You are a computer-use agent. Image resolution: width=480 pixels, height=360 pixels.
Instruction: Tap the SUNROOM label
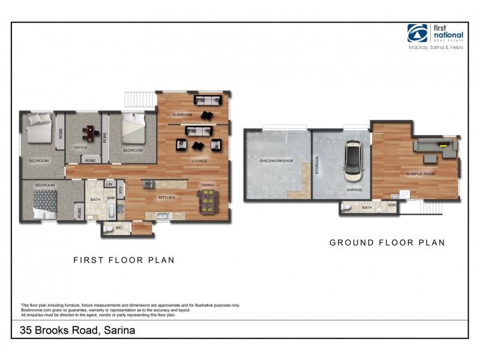pos(182,114)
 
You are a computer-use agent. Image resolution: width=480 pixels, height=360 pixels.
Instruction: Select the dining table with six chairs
pos(208,201)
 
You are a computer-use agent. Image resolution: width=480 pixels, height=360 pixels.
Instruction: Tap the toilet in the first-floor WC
pos(107,228)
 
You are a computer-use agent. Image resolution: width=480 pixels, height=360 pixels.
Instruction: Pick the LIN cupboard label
pos(110,184)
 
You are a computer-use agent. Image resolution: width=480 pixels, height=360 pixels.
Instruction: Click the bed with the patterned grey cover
pos(44,200)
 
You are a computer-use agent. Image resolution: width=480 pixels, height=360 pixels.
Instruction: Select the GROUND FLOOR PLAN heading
pos(387,243)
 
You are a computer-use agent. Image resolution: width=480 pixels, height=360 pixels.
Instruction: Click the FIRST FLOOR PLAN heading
pos(124,260)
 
